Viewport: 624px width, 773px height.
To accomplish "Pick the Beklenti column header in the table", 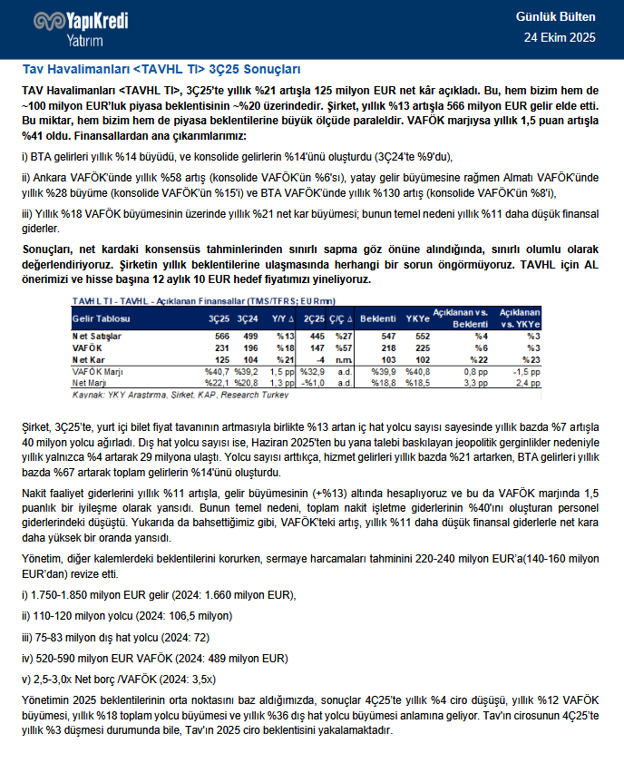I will coord(378,319).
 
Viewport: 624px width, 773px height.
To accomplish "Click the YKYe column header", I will coord(418,319).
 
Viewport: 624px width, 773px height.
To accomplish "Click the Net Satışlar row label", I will coord(97,337).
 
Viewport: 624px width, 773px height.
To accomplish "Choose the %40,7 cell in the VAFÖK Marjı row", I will coord(217,372).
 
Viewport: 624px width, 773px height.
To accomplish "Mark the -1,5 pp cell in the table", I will coord(526,372).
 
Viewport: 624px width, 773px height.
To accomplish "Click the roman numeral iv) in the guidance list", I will coord(27,658).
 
